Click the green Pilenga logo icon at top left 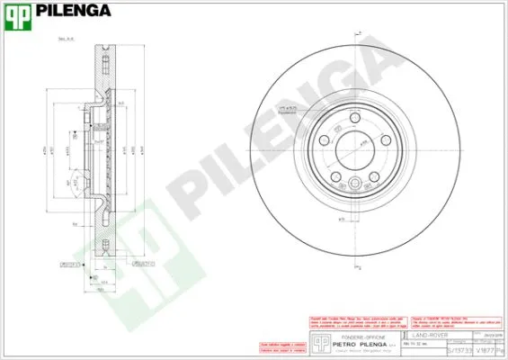coord(19,13)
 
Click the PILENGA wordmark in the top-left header coord(74,12)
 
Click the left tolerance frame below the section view coord(70,265)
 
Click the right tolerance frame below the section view coord(142,265)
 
